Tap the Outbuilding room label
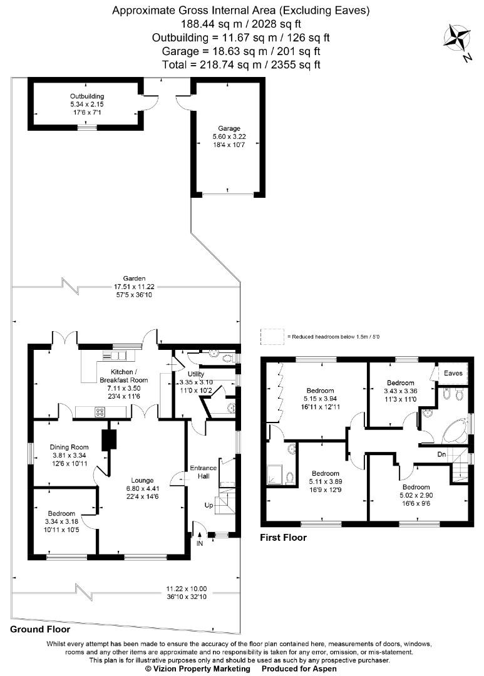tap(83, 96)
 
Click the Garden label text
tap(134, 278)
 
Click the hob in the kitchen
tap(99, 411)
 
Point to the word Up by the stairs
tap(210, 504)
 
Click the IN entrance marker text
tap(200, 544)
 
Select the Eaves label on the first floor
tap(453, 373)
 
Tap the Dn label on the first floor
tap(441, 454)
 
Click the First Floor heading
tap(283, 537)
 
